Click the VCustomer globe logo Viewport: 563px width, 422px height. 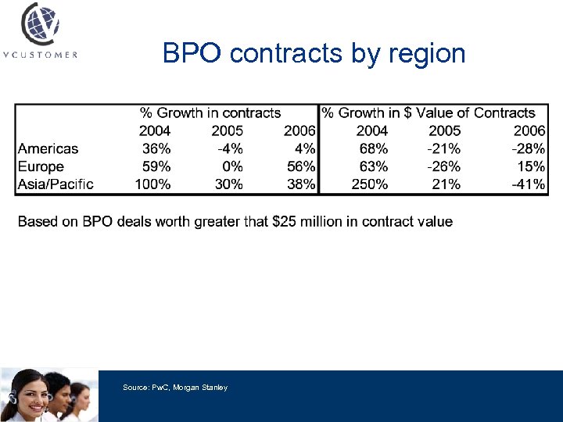pyautogui.click(x=39, y=23)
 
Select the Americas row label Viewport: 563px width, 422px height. pyautogui.click(x=48, y=148)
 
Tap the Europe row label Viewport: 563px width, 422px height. pyautogui.click(x=41, y=166)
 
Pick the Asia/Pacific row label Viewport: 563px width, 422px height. pyautogui.click(x=56, y=184)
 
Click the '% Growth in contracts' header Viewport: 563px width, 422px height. pyautogui.click(x=210, y=113)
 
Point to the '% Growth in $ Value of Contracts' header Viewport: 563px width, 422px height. pyautogui.click(x=429, y=113)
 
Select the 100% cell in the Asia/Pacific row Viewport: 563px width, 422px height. pyautogui.click(x=152, y=184)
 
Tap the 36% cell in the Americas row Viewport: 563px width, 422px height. pyautogui.click(x=156, y=148)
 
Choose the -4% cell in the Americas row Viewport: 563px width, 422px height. pyautogui.click(x=229, y=148)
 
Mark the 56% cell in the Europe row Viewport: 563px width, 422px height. pyautogui.click(x=301, y=166)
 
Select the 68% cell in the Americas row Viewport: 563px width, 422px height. pyautogui.click(x=373, y=148)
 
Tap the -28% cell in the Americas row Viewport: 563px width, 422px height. pyautogui.click(x=528, y=148)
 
